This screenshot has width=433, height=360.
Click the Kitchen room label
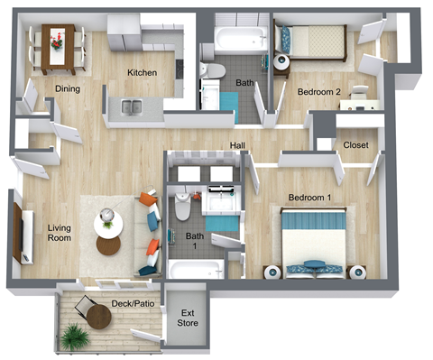(x=143, y=72)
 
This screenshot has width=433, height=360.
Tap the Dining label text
(x=68, y=88)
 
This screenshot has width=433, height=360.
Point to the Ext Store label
(x=186, y=317)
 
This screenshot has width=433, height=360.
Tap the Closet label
(x=355, y=145)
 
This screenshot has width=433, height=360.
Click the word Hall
(x=238, y=145)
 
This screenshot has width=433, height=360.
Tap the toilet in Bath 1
(x=182, y=208)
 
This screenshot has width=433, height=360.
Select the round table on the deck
(x=99, y=317)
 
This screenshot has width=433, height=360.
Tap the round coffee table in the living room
(x=108, y=245)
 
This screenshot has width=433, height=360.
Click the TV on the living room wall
(x=17, y=232)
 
